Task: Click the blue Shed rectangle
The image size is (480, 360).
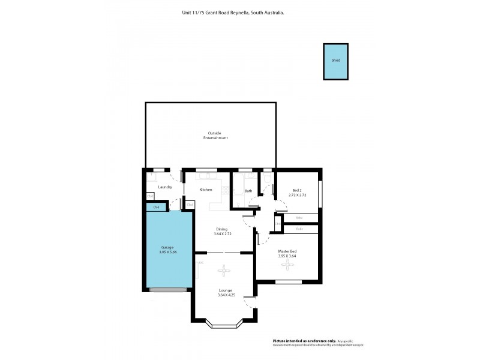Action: tap(335, 61)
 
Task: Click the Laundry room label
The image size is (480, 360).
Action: tap(165, 187)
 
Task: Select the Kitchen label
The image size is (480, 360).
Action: tap(206, 190)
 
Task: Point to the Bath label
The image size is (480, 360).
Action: tap(248, 191)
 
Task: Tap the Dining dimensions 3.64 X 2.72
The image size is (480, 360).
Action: tap(222, 233)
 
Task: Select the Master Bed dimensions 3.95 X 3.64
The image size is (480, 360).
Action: tap(287, 256)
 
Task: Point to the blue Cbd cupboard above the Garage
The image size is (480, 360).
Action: tap(157, 208)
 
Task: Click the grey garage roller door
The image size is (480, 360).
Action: tap(167, 290)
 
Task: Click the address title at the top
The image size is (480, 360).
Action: tap(233, 11)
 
